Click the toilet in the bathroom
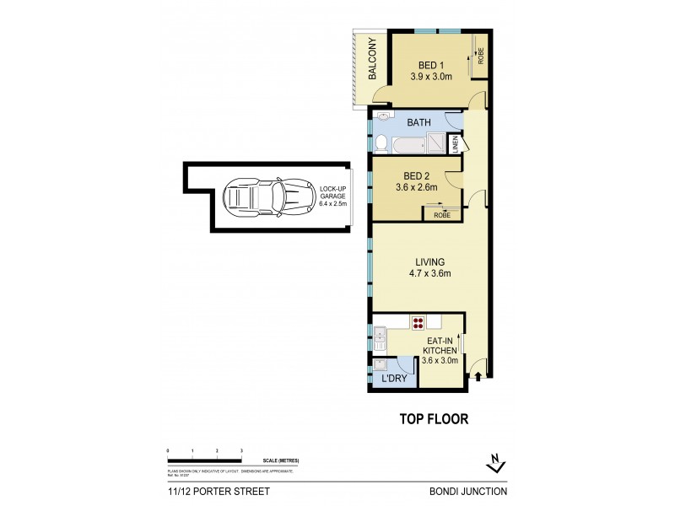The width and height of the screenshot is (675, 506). (381, 143)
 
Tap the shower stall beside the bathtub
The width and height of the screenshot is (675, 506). (435, 144)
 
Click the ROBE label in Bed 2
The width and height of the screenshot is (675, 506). (442, 215)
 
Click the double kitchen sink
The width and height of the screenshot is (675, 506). (380, 339)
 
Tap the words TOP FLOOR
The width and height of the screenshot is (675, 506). (433, 418)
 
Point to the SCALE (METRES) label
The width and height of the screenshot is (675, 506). (281, 460)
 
